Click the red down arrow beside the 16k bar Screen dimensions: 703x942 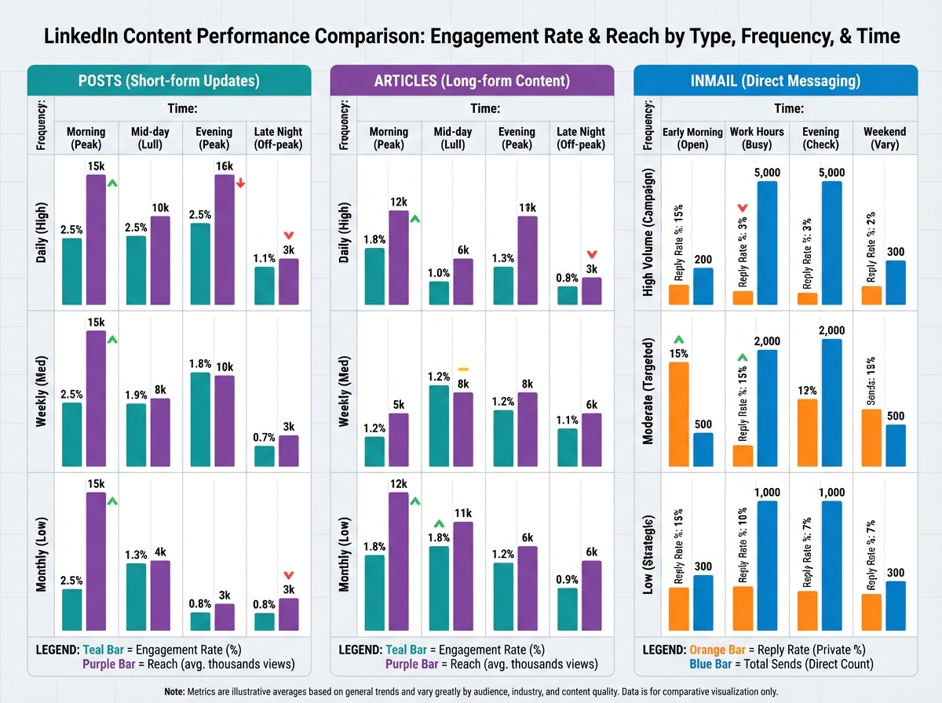(x=240, y=183)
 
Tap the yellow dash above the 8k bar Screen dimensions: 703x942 (x=463, y=368)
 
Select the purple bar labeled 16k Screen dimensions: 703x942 (x=224, y=239)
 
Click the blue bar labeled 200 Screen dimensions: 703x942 (x=703, y=286)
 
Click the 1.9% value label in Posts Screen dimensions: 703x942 (x=137, y=394)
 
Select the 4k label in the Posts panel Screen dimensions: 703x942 (x=160, y=552)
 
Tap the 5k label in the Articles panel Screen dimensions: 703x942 (x=399, y=405)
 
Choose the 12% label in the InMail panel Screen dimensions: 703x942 (x=807, y=390)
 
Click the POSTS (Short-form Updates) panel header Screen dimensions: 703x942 (x=169, y=81)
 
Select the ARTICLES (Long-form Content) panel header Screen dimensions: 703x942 (x=472, y=81)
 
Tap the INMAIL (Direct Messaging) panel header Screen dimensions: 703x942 (x=775, y=81)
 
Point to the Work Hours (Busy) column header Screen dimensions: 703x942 (x=757, y=138)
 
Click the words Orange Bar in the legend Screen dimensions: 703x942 (x=717, y=650)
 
